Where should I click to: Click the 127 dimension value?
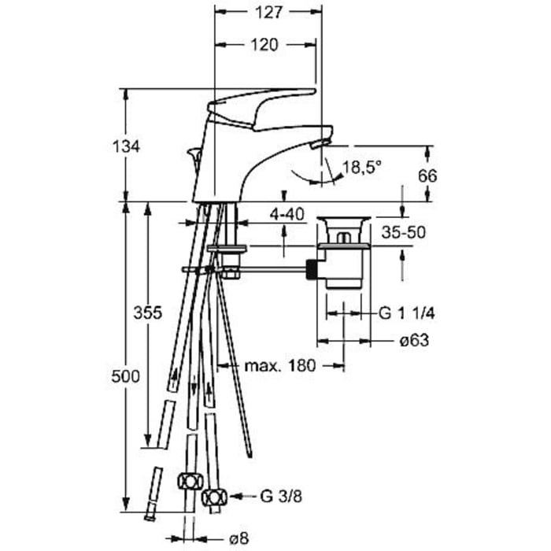pyautogui.click(x=268, y=13)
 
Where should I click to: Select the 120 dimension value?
pyautogui.click(x=264, y=45)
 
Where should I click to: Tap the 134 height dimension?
pyautogui.click(x=126, y=146)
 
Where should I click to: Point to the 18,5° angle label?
pyautogui.click(x=362, y=167)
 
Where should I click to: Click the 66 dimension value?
pyautogui.click(x=427, y=176)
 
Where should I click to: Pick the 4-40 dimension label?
pyautogui.click(x=287, y=214)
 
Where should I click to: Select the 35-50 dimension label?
pyautogui.click(x=403, y=232)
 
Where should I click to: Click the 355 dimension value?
pyautogui.click(x=148, y=312)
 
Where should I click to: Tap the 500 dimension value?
pyautogui.click(x=125, y=377)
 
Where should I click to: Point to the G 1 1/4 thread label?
pyautogui.click(x=407, y=312)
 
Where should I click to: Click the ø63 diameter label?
pyautogui.click(x=414, y=340)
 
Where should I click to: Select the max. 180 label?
pyautogui.click(x=280, y=366)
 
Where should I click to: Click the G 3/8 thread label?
pyautogui.click(x=281, y=496)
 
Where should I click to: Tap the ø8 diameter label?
pyautogui.click(x=239, y=538)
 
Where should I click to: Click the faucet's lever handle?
pyautogui.click(x=262, y=106)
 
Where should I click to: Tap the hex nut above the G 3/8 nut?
pyautogui.click(x=190, y=481)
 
